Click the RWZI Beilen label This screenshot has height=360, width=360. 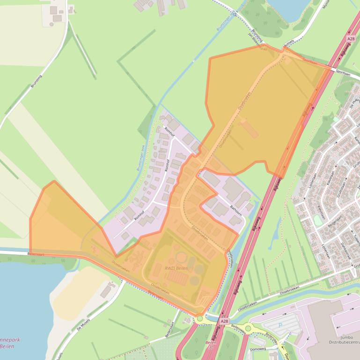(x=176, y=268)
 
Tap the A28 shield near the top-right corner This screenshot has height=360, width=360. (x=351, y=39)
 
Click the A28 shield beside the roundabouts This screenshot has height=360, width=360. (x=224, y=321)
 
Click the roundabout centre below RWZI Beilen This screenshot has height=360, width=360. (x=200, y=318)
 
